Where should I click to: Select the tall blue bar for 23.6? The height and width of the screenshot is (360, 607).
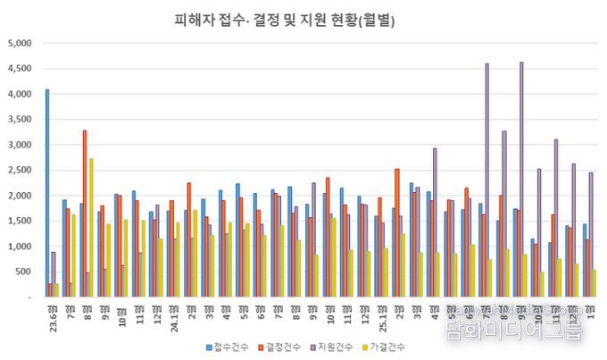[46, 193]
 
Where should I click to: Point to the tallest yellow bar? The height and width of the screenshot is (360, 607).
[91, 228]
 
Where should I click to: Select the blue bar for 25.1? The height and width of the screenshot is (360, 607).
[377, 256]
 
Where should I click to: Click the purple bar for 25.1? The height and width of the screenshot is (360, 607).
[383, 260]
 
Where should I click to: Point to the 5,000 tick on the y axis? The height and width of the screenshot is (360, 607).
[20, 43]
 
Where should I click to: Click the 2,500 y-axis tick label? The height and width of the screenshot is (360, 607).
[20, 171]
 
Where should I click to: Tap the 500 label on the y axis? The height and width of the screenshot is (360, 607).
[24, 272]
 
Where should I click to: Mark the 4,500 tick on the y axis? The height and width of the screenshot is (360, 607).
[20, 69]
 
